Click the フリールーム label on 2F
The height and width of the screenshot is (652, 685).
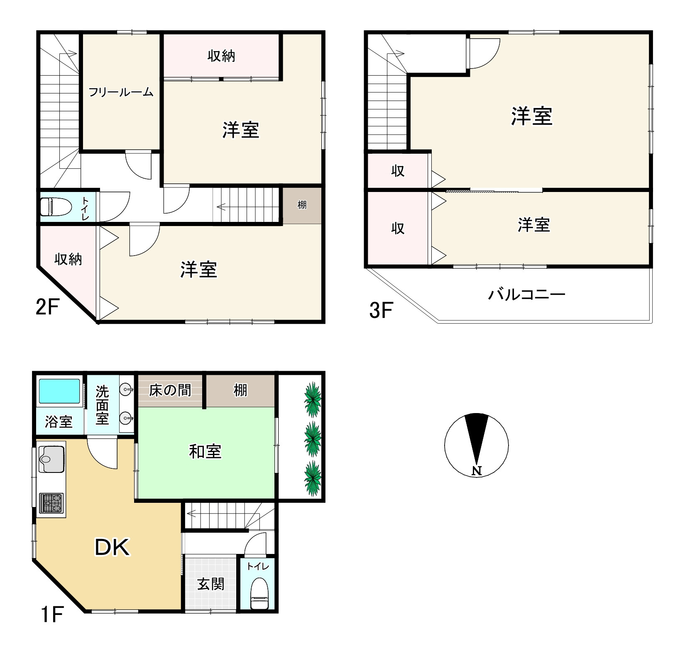(121, 92)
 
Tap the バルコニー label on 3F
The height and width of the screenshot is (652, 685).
(526, 295)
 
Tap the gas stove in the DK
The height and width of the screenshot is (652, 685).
(51, 503)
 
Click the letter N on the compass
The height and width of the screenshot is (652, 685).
(477, 471)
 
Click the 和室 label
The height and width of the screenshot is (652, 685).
(205, 451)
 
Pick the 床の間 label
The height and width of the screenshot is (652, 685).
(170, 390)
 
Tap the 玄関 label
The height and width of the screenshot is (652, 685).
(210, 584)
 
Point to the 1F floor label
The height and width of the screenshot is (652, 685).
(51, 615)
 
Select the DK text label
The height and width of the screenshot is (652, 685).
(112, 547)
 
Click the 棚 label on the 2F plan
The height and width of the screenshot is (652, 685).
(302, 205)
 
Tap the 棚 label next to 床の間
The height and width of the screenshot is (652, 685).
(240, 390)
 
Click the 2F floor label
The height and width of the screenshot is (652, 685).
(46, 308)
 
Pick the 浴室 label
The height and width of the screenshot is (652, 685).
(59, 422)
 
